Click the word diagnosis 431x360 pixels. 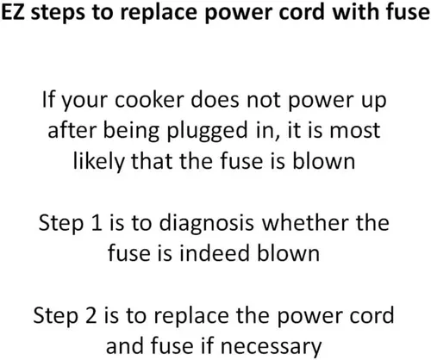tap(206, 224)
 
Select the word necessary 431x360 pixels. tap(271, 347)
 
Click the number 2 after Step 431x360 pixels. tap(91, 315)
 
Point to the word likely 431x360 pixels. tap(98, 163)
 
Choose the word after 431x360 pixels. tap(72, 130)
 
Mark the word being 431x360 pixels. tap(131, 132)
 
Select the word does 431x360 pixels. tap(215, 99)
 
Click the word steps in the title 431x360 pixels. tap(58, 14)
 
